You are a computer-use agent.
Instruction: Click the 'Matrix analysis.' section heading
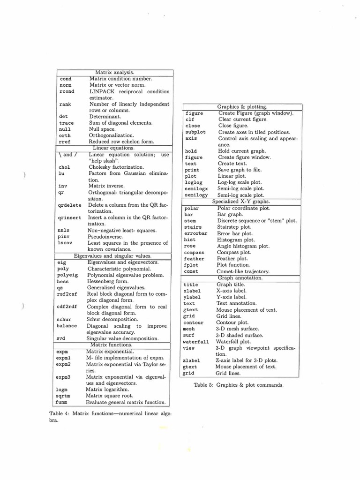[x=115, y=73]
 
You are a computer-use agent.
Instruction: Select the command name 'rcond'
[x=67, y=92]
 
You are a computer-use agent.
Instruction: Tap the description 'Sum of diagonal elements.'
[x=120, y=123]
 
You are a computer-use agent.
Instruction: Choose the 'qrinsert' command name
[x=69, y=218]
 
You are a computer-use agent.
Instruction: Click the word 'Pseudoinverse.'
[x=106, y=237]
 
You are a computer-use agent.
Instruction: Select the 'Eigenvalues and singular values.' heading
[x=112, y=256]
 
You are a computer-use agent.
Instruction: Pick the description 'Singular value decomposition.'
[x=122, y=338]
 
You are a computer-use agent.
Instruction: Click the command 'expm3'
[x=63, y=377]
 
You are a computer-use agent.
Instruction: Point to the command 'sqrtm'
[x=63, y=396]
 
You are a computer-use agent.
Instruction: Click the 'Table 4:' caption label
[x=59, y=413]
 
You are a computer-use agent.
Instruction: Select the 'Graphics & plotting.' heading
[x=242, y=107]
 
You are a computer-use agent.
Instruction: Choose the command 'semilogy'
[x=196, y=195]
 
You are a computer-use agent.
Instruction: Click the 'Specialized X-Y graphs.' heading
[x=241, y=202]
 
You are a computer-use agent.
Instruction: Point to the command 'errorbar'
[x=195, y=233]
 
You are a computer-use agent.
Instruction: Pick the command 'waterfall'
[x=195, y=342]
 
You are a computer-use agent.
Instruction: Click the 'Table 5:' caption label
[x=204, y=385]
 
